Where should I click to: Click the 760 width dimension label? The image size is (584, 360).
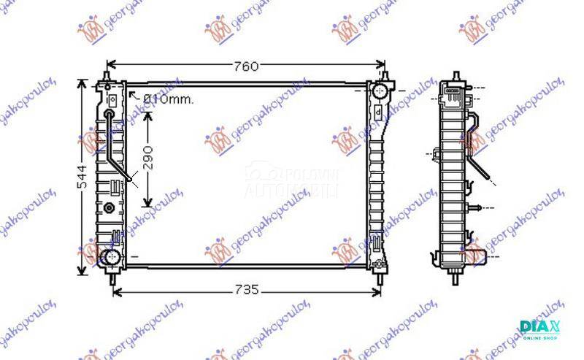pos(247,66)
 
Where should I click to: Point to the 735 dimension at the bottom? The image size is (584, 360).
pos(247,290)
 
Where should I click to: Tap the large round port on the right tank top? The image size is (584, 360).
pos(379,91)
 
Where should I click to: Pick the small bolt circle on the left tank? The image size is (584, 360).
pos(110,207)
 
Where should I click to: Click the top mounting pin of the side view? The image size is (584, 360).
pos(456,76)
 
